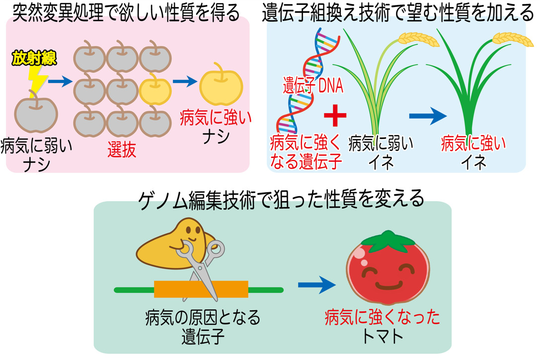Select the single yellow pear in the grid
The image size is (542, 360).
155,91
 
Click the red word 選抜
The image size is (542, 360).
122,149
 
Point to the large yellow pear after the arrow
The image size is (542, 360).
221,87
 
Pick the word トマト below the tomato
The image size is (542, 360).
383,337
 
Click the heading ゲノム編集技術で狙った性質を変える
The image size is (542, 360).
281,199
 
